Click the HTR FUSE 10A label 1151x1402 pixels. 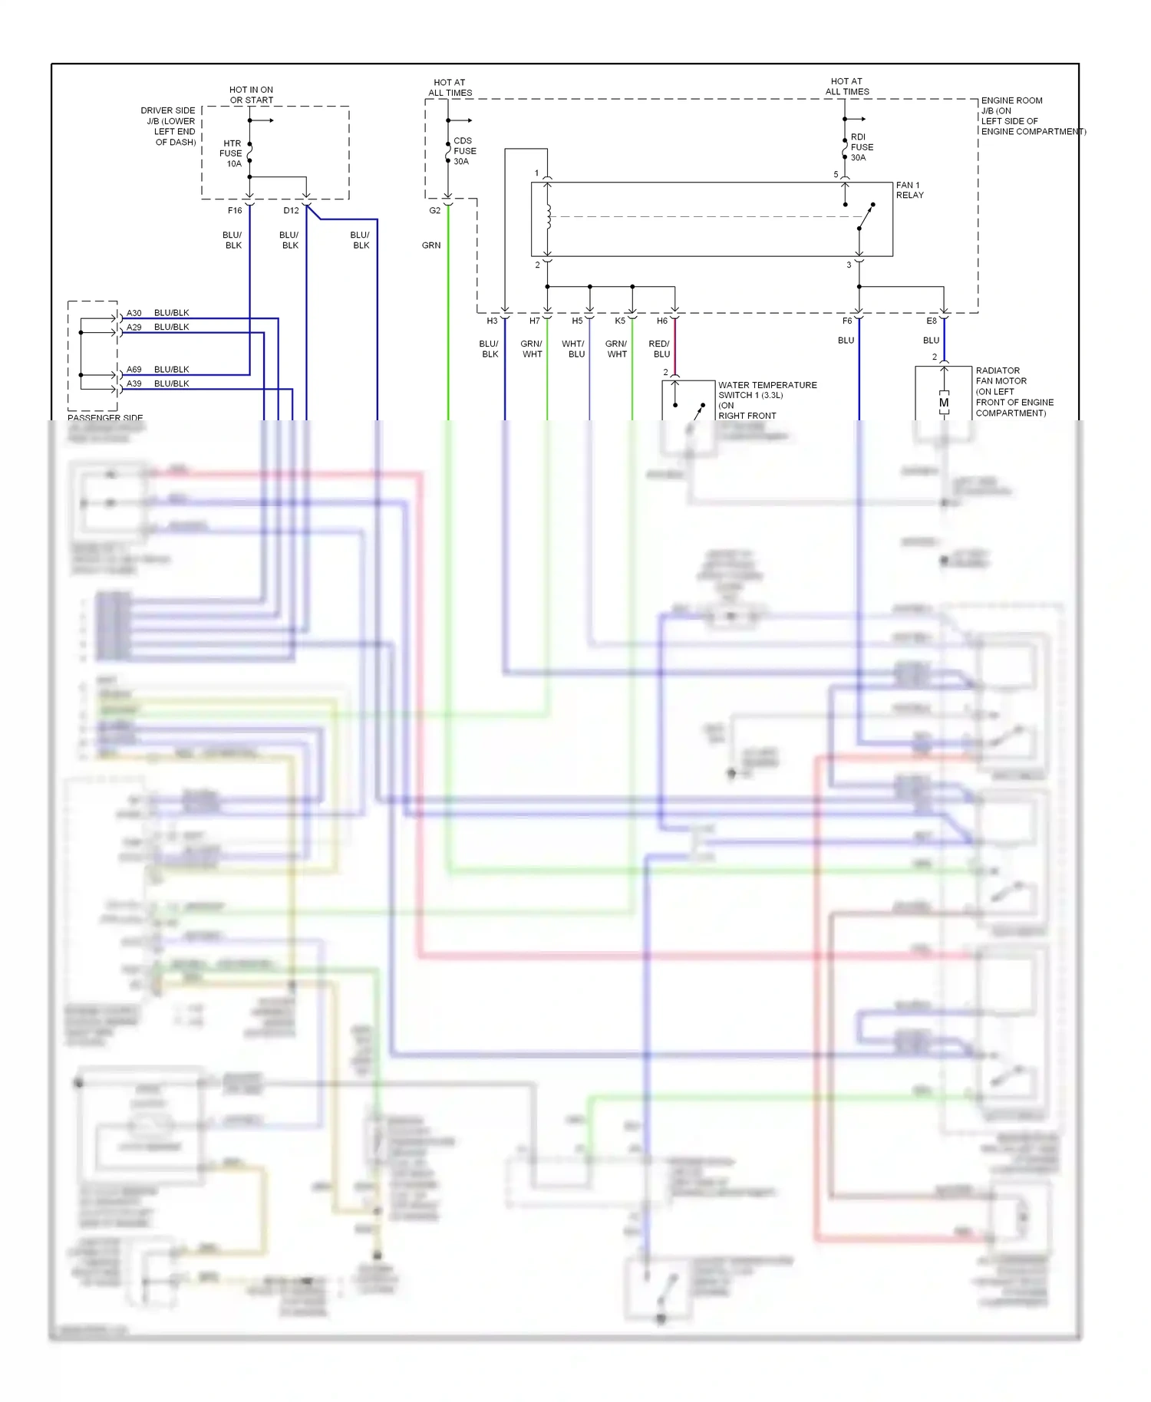(231, 153)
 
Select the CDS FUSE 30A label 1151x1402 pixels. (464, 151)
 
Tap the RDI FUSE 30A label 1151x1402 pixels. (861, 147)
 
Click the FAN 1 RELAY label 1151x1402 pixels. (909, 190)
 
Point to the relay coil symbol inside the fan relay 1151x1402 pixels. (549, 218)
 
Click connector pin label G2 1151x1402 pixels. (434, 210)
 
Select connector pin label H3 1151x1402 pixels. (492, 321)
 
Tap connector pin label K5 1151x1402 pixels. (620, 321)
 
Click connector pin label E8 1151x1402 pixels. (931, 321)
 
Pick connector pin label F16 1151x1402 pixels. (235, 210)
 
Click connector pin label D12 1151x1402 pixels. (291, 210)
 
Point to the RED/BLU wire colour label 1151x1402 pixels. (660, 349)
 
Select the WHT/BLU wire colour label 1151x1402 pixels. (573, 349)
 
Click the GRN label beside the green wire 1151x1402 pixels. (431, 245)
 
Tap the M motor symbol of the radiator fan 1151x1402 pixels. (944, 403)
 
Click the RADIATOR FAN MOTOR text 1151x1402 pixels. (1001, 376)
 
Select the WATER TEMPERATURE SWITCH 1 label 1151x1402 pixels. (767, 390)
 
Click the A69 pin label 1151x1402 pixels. (134, 370)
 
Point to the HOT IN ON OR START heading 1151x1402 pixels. (251, 95)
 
